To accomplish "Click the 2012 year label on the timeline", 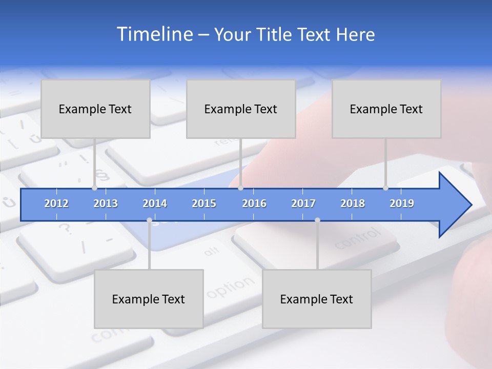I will pyautogui.click(x=56, y=203).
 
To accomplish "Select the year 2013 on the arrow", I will pyautogui.click(x=106, y=203).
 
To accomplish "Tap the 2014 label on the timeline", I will pyautogui.click(x=155, y=203).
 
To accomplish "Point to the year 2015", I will pyautogui.click(x=204, y=203).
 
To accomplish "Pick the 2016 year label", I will pyautogui.click(x=254, y=203).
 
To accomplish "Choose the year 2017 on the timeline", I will pyautogui.click(x=303, y=203).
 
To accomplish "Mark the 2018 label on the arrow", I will pyautogui.click(x=353, y=203).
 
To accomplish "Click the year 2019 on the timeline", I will pyautogui.click(x=402, y=203).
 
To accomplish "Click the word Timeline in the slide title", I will pyautogui.click(x=154, y=34).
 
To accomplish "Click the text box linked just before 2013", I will pyautogui.click(x=95, y=109).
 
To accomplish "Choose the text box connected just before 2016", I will pyautogui.click(x=241, y=109).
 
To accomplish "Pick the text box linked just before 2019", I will pyautogui.click(x=386, y=109).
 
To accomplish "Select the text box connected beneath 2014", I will pyautogui.click(x=149, y=299).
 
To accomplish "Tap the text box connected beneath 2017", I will pyautogui.click(x=317, y=299).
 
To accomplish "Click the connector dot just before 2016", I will pyautogui.click(x=241, y=188).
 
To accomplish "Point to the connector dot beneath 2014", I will pyautogui.click(x=149, y=220).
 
